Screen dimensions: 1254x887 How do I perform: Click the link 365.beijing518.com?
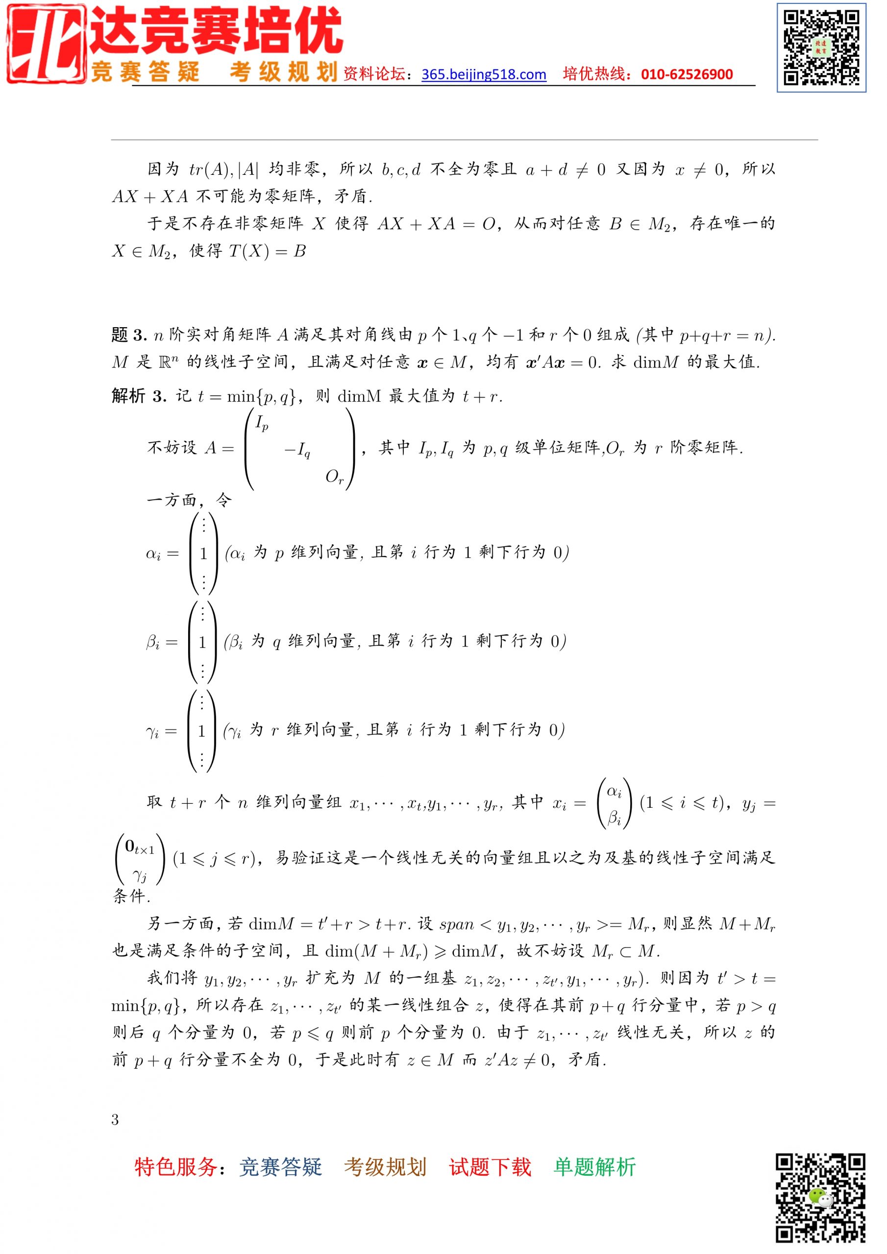(x=484, y=75)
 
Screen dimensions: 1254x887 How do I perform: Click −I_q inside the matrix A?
(x=298, y=451)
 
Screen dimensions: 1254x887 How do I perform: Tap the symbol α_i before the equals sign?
(x=153, y=555)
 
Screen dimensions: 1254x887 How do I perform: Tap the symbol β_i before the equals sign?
(x=153, y=643)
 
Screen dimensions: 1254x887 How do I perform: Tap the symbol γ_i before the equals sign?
(x=153, y=732)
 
